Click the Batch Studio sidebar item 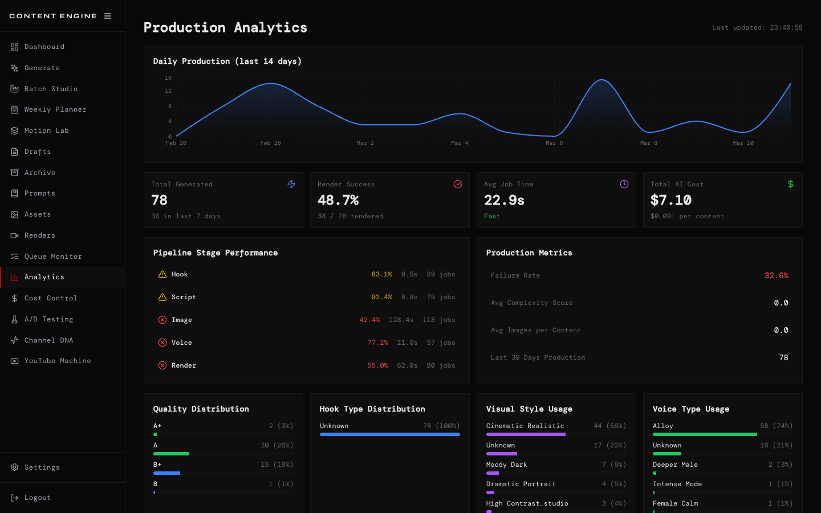tap(50, 89)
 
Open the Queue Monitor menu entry tap(52, 256)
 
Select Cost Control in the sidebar tap(50, 298)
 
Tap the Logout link tap(37, 498)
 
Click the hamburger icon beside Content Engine tap(108, 16)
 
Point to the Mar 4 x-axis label tap(460, 143)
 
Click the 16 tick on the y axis tap(168, 78)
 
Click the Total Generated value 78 tap(160, 200)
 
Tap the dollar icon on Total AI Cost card tap(790, 184)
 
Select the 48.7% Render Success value tap(338, 200)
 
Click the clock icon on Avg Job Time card tap(624, 184)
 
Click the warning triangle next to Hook tap(162, 274)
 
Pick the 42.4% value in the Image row tap(369, 320)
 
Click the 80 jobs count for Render tap(441, 365)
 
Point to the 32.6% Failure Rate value tap(776, 275)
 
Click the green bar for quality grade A tap(171, 454)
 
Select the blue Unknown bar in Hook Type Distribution tap(389, 434)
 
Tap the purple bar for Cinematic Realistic tap(526, 434)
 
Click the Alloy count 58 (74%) tap(776, 426)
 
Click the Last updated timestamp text tap(757, 27)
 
